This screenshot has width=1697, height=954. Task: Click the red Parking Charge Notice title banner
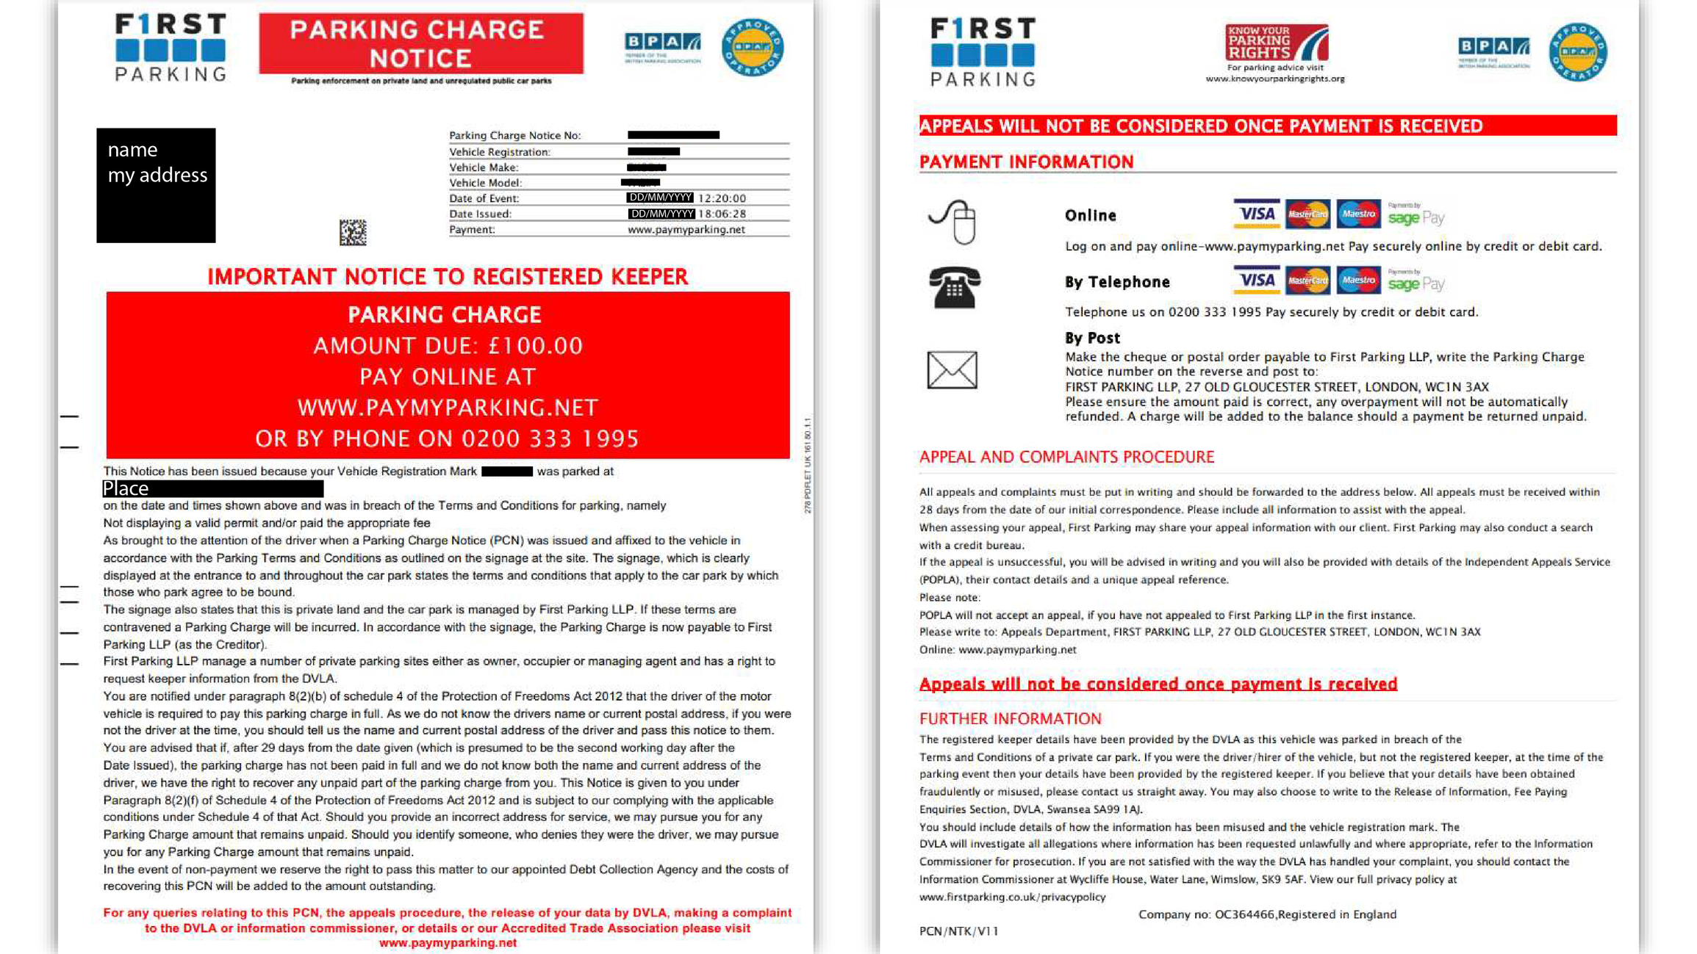[421, 43]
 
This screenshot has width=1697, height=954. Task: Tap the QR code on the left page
[353, 232]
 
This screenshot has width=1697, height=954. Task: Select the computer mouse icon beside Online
[953, 221]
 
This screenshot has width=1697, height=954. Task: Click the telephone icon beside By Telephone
[954, 287]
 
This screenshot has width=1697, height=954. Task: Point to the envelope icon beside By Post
[952, 369]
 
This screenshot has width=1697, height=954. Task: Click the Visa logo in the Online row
[1256, 214]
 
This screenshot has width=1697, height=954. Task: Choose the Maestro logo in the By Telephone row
[1357, 280]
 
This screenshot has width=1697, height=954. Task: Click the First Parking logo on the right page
[983, 52]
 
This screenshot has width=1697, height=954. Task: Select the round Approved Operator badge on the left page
[752, 48]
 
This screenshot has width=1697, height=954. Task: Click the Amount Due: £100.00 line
[448, 346]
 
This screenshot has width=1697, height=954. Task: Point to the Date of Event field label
[484, 198]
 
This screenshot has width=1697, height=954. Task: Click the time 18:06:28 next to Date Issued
[722, 214]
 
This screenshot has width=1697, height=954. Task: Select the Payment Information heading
[1026, 162]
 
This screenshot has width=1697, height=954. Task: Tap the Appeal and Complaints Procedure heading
[1066, 457]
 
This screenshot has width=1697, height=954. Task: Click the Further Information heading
[1010, 718]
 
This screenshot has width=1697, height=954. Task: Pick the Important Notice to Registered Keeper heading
[448, 277]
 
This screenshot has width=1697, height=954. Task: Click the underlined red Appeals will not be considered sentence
[1158, 684]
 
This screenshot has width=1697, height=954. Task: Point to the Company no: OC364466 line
[1266, 914]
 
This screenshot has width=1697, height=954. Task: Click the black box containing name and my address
[156, 185]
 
